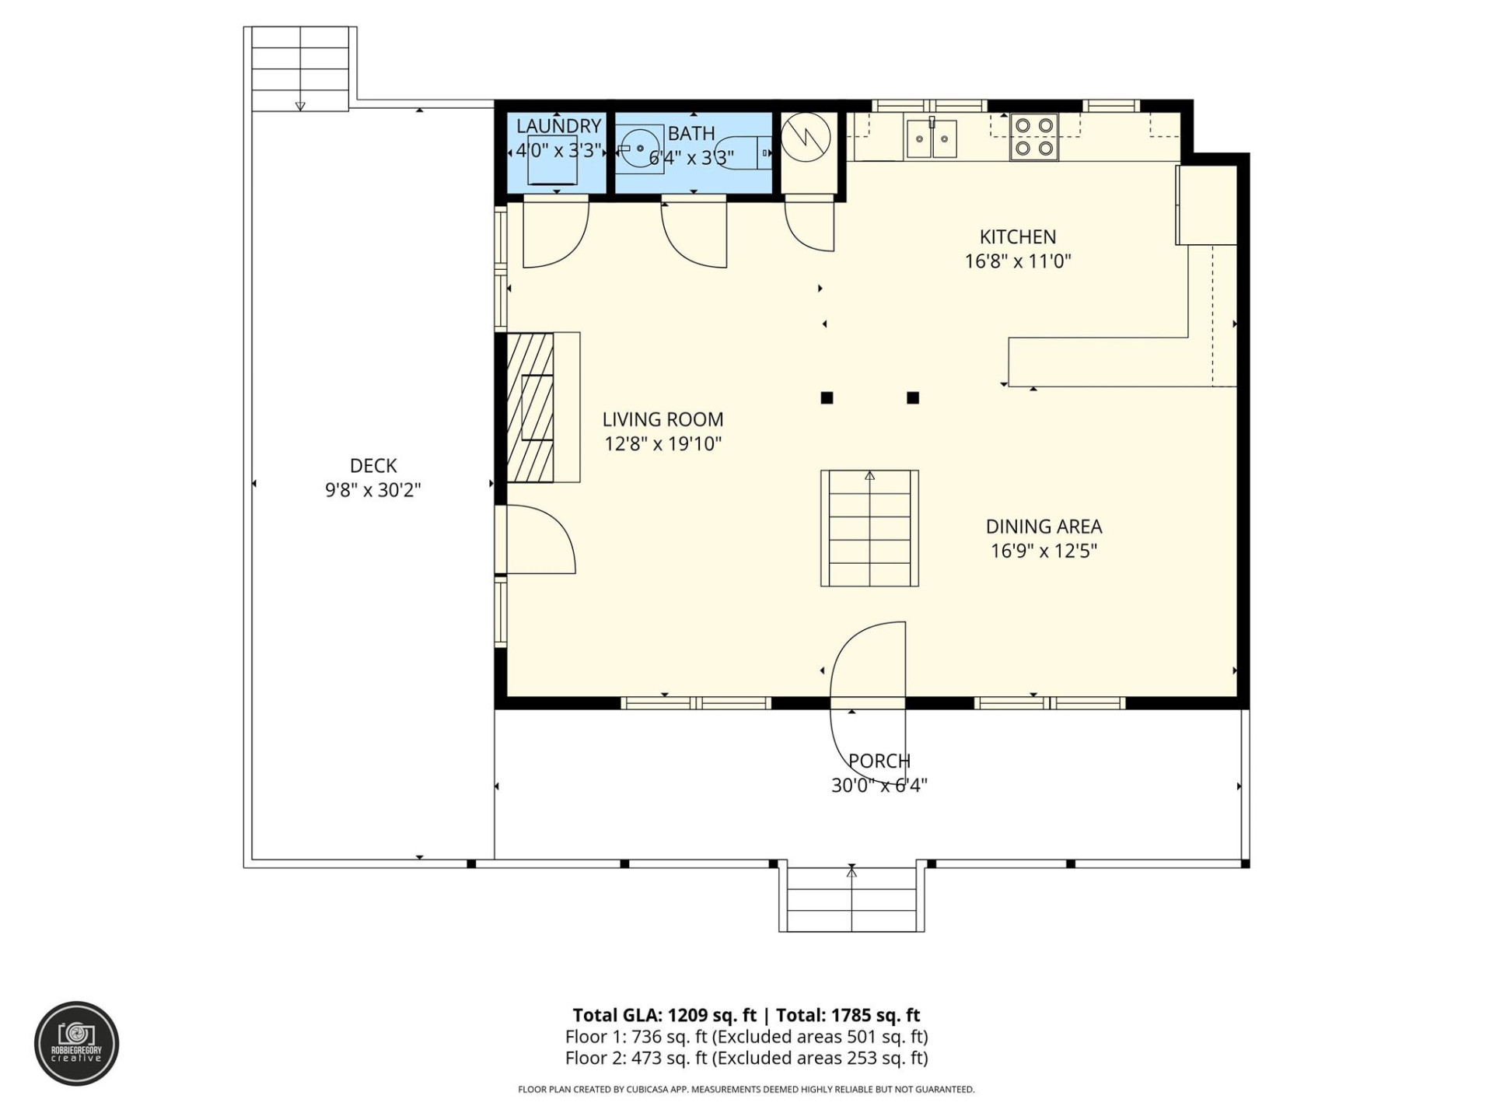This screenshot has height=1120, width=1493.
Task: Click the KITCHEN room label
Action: click(x=1017, y=236)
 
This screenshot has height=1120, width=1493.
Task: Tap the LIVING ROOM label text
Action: click(x=663, y=419)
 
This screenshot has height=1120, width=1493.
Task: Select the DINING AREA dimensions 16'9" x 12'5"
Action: click(x=1044, y=551)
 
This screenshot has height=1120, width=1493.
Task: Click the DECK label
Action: click(x=373, y=465)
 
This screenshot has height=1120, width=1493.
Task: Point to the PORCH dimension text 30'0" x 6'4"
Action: click(x=879, y=785)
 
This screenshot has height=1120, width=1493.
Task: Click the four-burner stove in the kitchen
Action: click(x=1033, y=136)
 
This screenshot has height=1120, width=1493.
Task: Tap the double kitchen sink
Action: click(x=931, y=139)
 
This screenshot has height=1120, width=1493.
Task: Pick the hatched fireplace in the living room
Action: click(x=530, y=408)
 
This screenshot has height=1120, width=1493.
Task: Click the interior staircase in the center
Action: click(x=869, y=528)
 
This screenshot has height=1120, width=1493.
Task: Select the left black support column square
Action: click(x=827, y=398)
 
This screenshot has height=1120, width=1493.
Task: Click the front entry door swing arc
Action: click(x=867, y=661)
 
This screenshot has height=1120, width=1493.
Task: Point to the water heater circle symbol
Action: click(x=806, y=138)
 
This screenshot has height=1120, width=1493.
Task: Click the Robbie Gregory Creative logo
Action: click(x=76, y=1043)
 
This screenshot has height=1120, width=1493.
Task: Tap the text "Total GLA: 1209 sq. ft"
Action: click(x=664, y=1015)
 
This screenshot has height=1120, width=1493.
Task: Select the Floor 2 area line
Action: click(x=746, y=1058)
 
